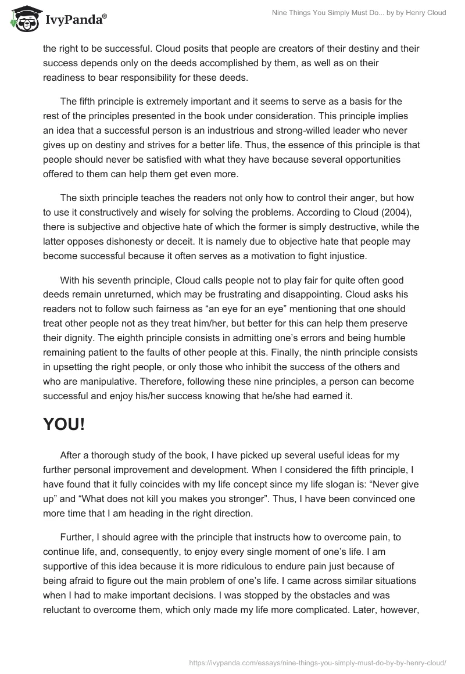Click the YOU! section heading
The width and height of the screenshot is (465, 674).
click(x=64, y=424)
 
